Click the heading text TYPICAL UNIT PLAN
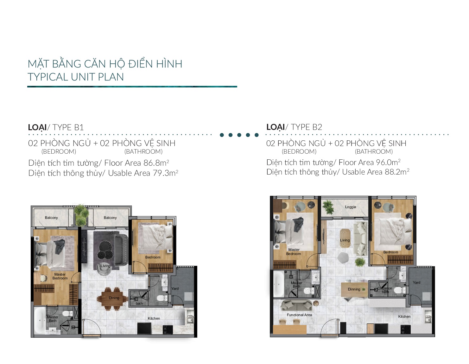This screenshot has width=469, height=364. point(76,77)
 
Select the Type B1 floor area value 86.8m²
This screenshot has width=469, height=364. point(156,163)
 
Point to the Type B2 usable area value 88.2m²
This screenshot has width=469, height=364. point(397,172)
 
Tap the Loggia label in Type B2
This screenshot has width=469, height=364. point(350,207)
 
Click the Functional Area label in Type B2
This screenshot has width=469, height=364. point(299,315)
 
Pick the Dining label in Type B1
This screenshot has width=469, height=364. point(114,298)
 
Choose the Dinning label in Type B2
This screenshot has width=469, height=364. point(354,289)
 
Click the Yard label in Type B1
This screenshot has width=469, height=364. point(175,288)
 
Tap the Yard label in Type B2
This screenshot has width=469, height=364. point(416,282)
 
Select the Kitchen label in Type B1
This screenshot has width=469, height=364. point(154,318)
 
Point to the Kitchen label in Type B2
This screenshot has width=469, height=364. point(404,316)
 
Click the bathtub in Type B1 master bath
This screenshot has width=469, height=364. point(40,320)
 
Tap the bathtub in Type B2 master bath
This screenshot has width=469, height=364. point(279,284)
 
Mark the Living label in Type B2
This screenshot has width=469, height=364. point(345,240)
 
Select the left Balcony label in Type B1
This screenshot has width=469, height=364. point(51,218)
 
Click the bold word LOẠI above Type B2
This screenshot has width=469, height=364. point(276,127)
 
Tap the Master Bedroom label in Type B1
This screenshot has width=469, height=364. point(60,276)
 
